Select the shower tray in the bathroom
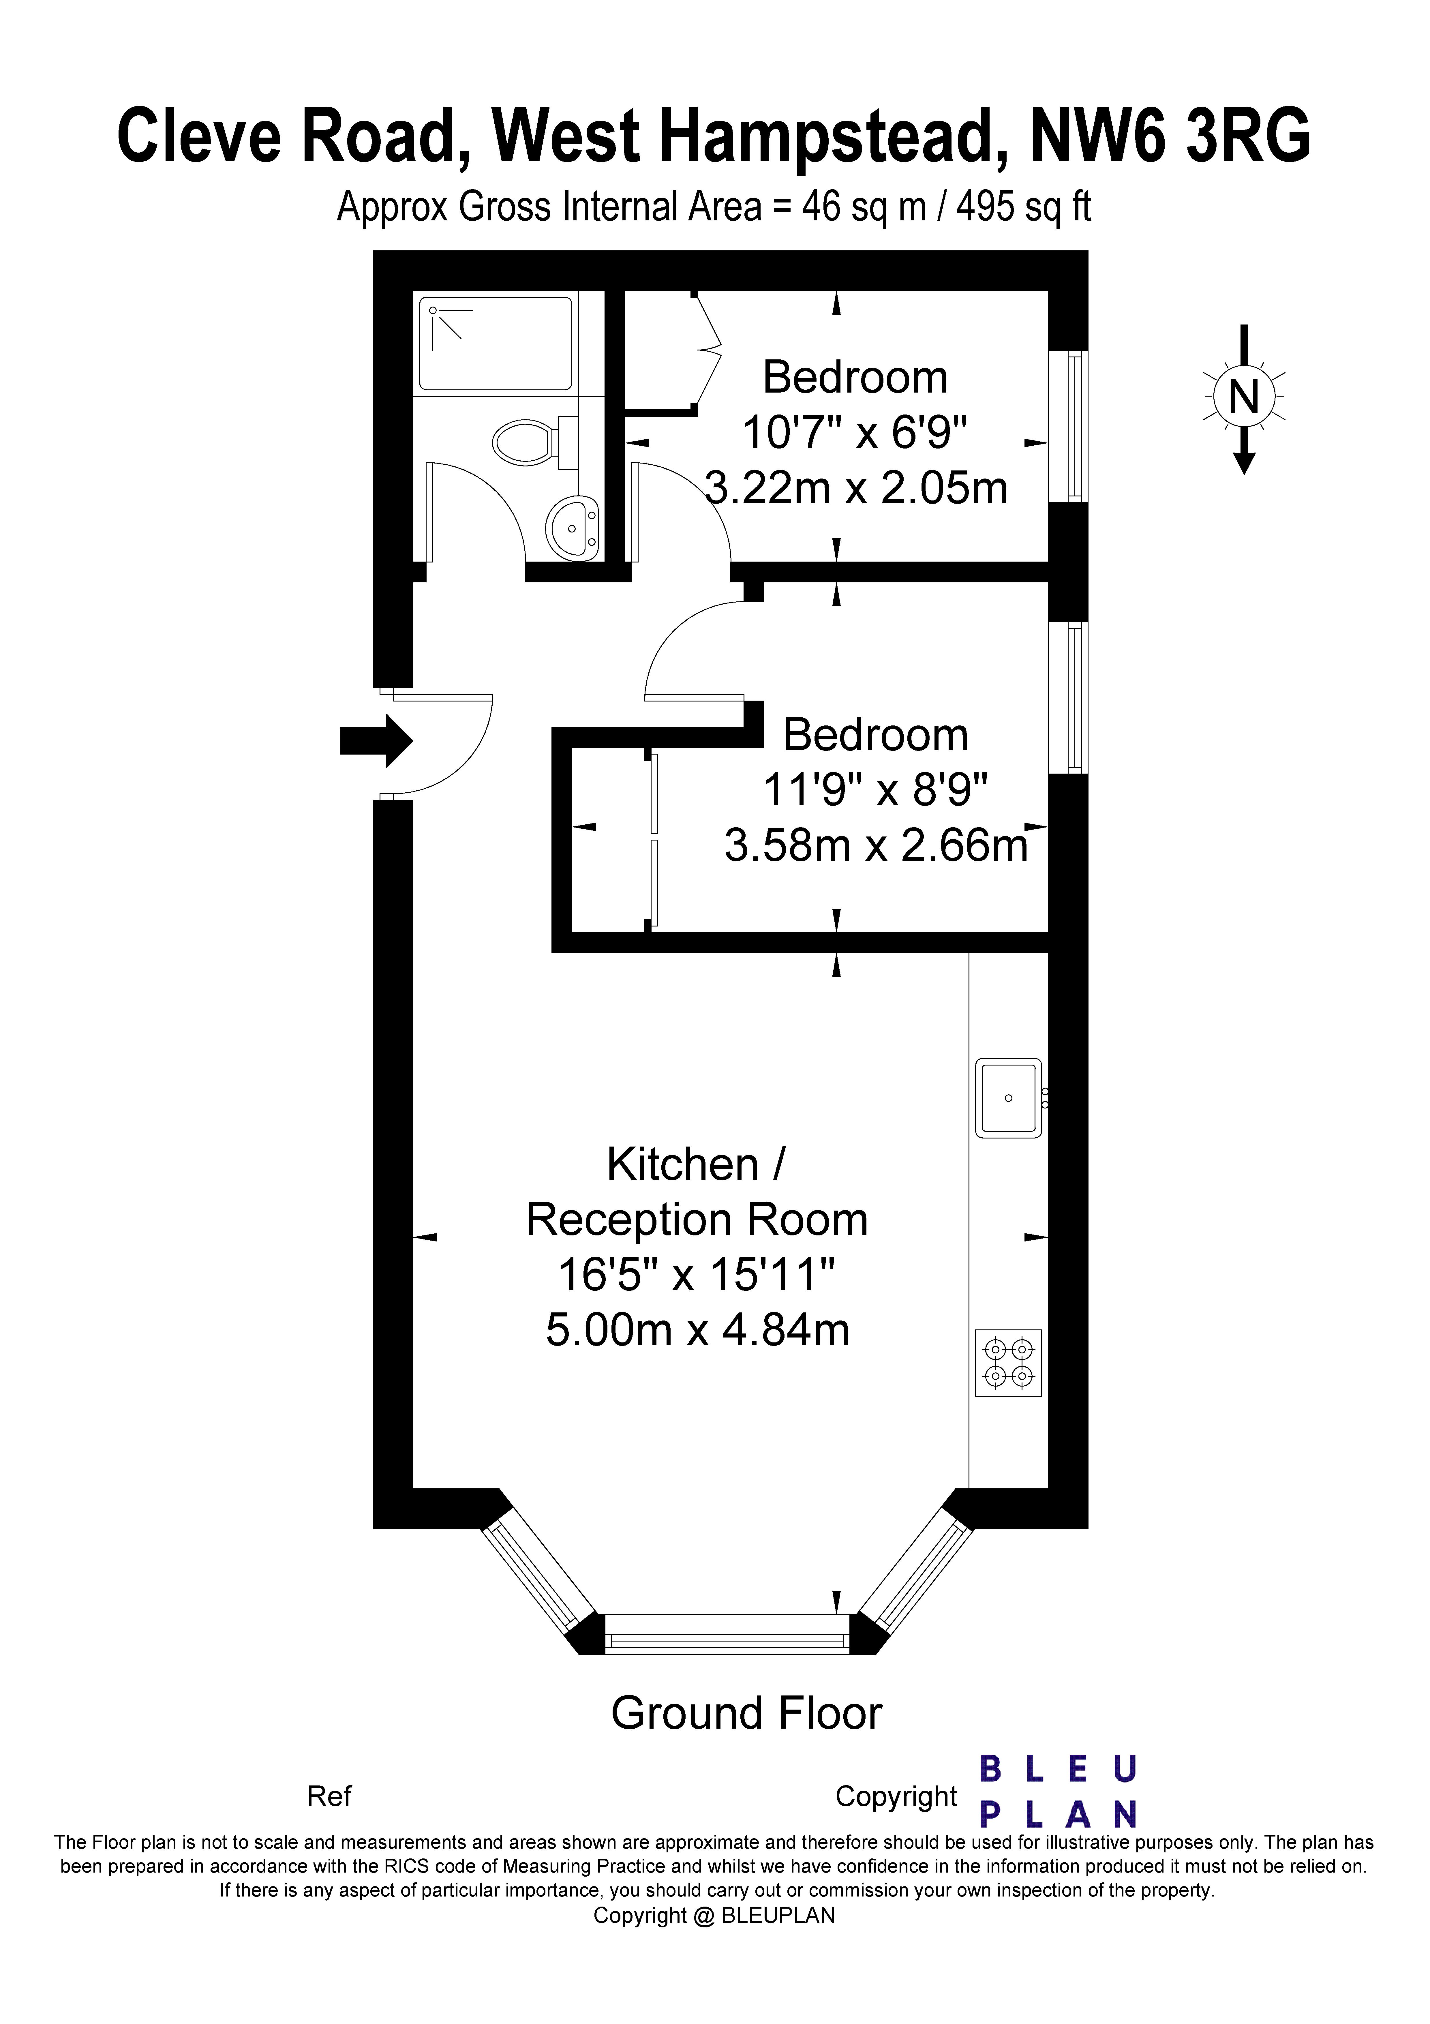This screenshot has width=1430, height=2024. click(x=496, y=344)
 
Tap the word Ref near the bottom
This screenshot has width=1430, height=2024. click(x=329, y=1796)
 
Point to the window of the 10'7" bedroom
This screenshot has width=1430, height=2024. click(x=1068, y=427)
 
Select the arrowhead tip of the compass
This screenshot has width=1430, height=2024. click(x=1244, y=474)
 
